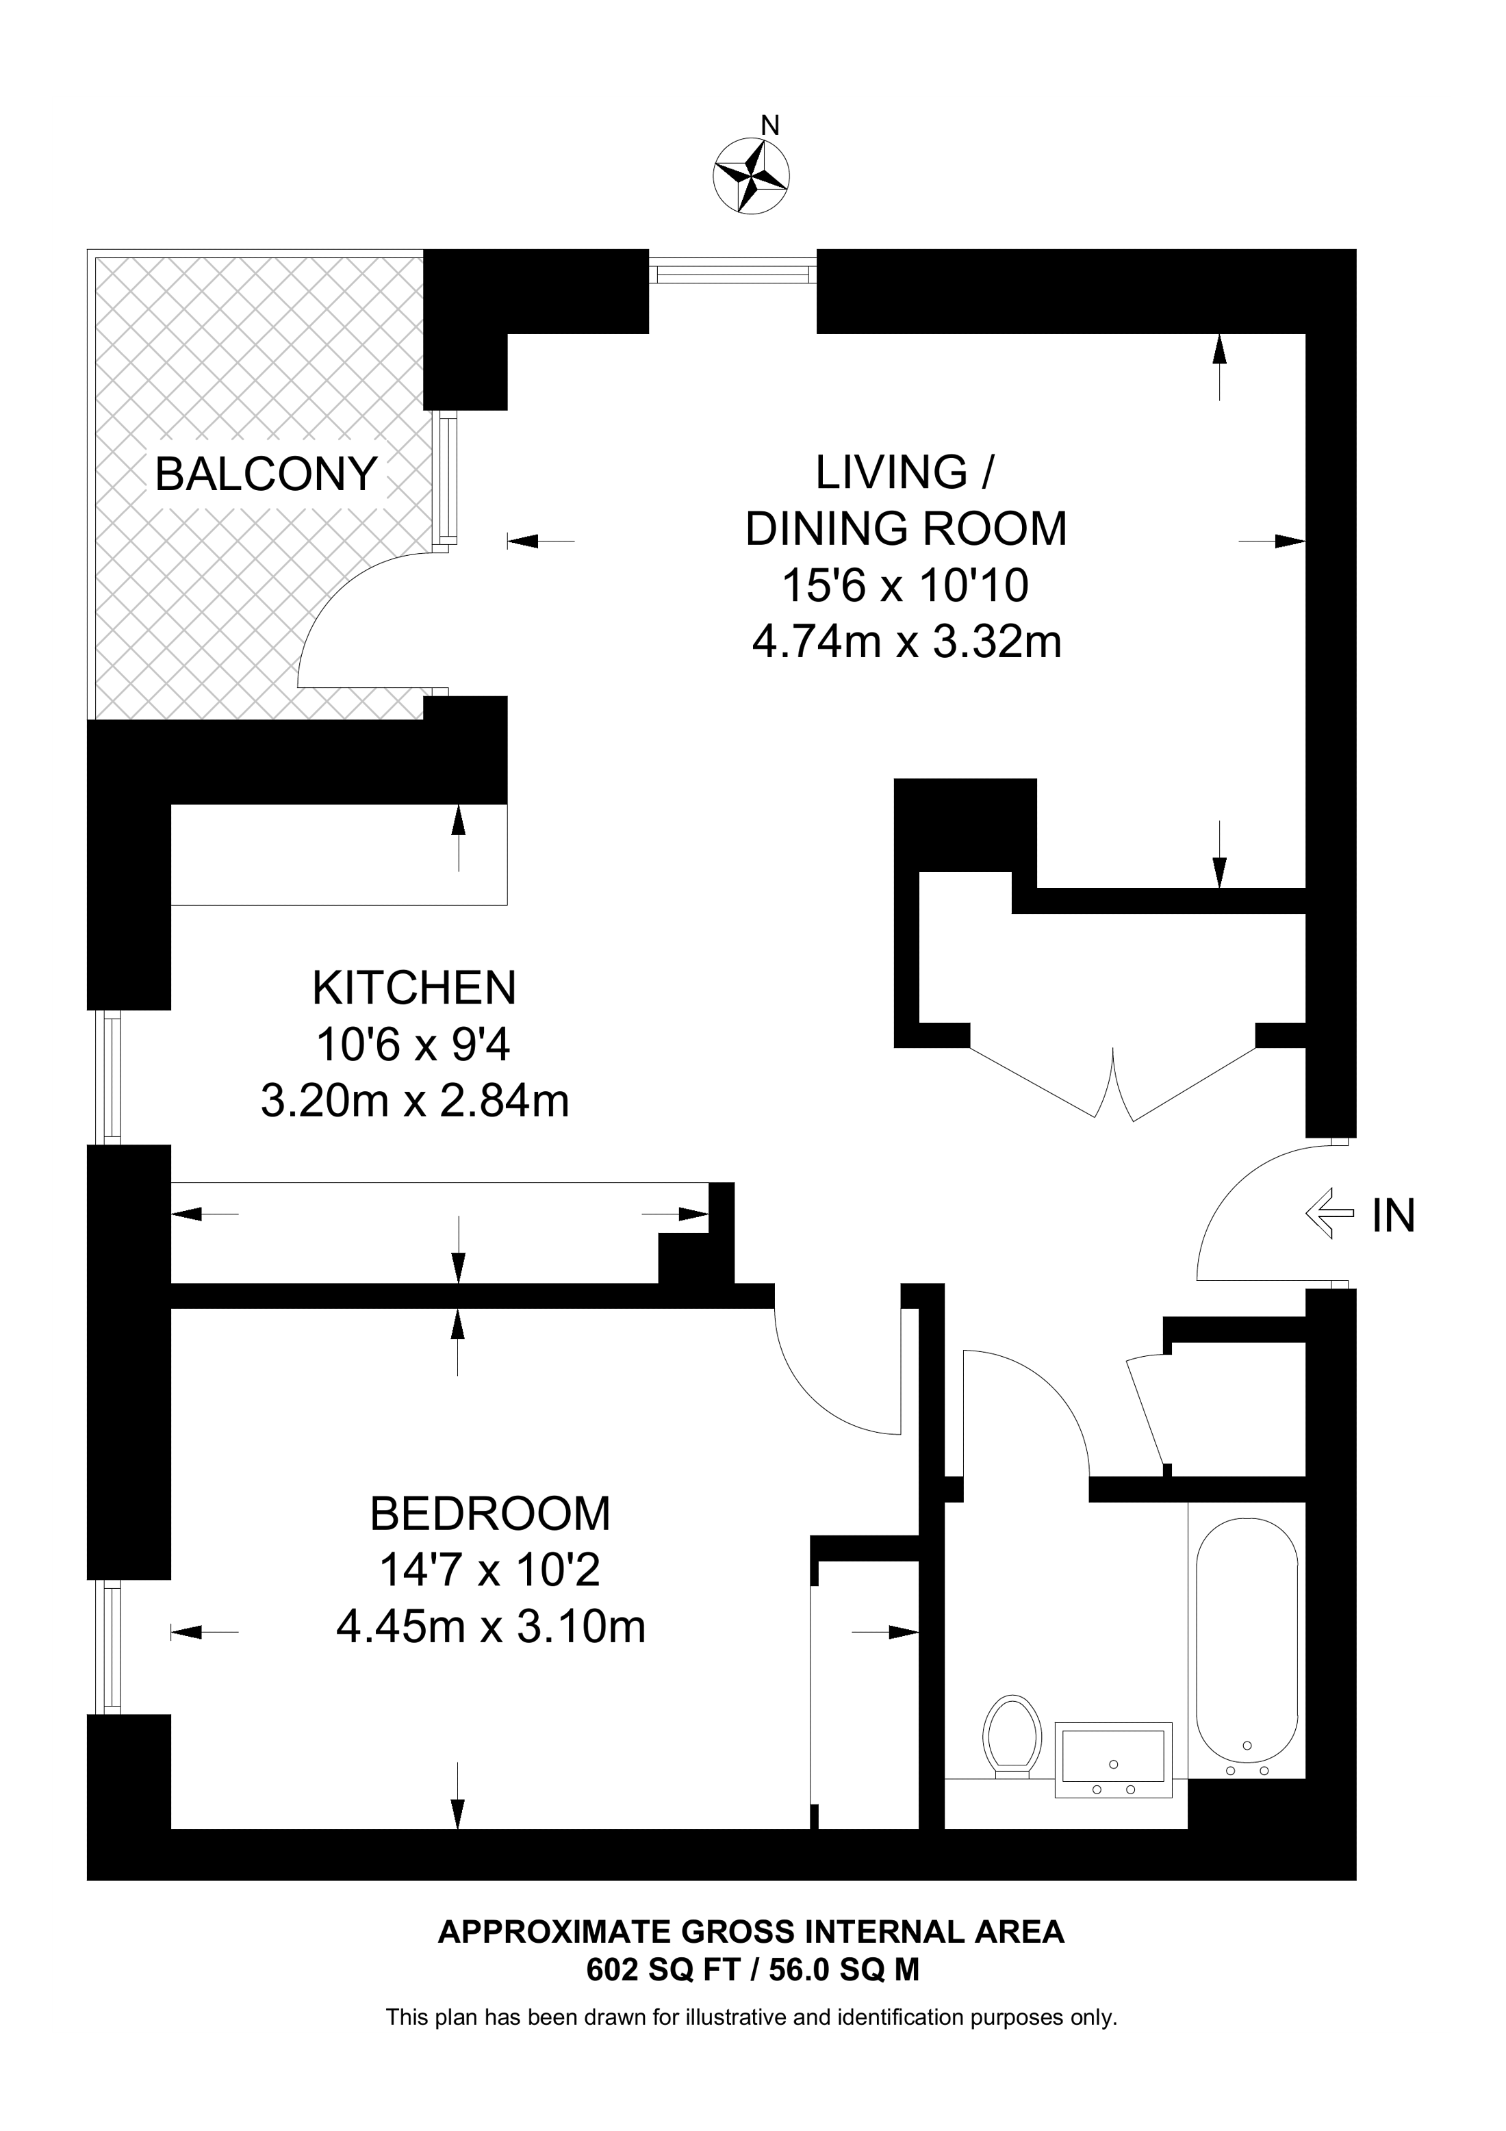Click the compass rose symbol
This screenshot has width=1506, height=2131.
pos(751,177)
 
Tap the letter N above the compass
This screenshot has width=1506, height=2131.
pos(769,125)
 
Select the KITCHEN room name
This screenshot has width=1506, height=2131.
pos(414,988)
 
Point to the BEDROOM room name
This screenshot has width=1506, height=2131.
pos(490,1514)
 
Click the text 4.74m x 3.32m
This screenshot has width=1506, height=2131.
pos(906,642)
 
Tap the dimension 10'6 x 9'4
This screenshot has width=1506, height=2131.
pos(414,1045)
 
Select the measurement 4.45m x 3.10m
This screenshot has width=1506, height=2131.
pos(490,1627)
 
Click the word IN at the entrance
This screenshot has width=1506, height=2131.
pos(1394,1216)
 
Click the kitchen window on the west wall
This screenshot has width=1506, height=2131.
pos(112,1077)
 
